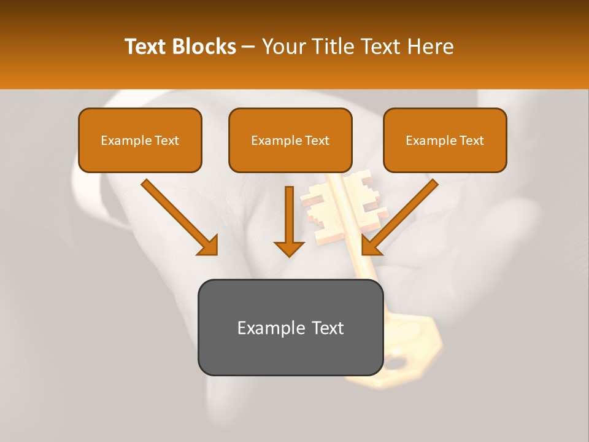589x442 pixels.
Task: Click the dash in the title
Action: pyautogui.click(x=248, y=47)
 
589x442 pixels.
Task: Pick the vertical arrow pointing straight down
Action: pyautogui.click(x=289, y=221)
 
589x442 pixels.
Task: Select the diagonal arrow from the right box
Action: pyautogui.click(x=399, y=217)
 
